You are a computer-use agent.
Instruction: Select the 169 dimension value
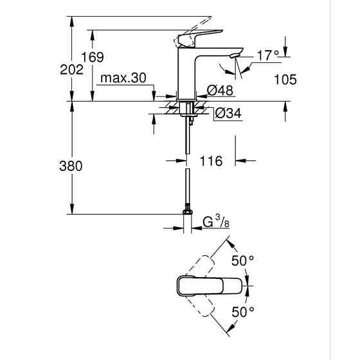[94, 58]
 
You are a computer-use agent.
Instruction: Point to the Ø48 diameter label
[219, 91]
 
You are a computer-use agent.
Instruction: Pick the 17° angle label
[267, 56]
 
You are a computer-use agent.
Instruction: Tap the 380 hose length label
[71, 166]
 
